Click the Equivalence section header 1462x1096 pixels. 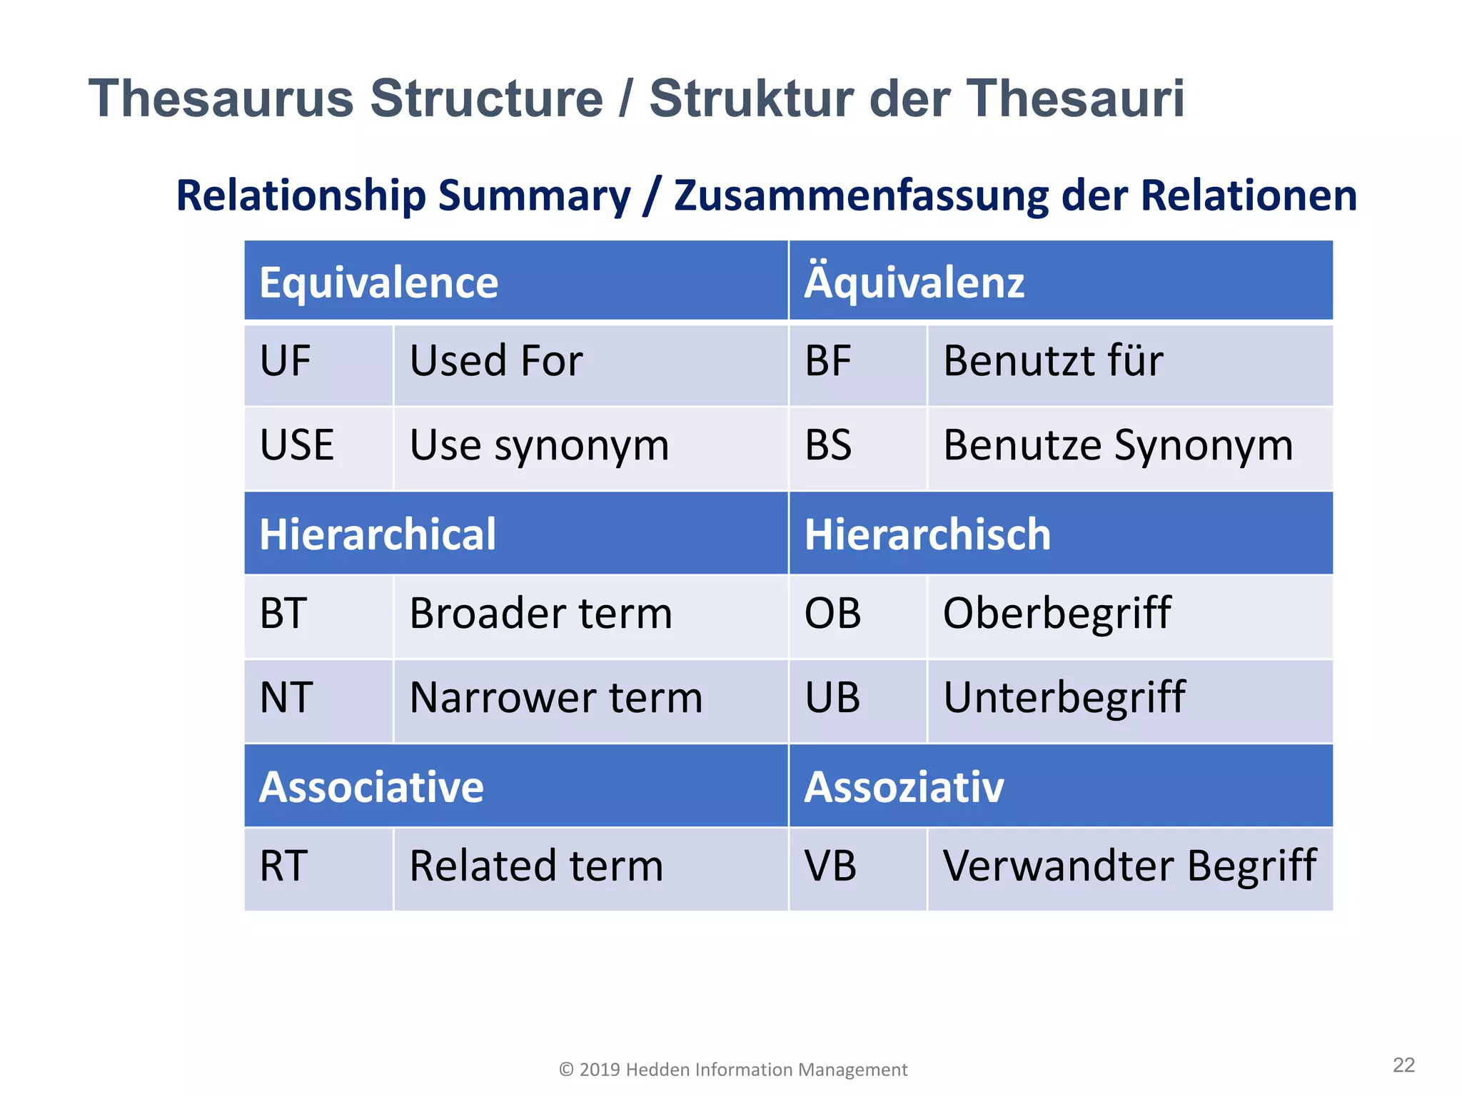coord(515,281)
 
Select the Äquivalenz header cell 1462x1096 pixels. coord(1060,281)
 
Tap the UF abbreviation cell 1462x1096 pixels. coord(318,363)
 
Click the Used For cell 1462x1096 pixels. coord(590,363)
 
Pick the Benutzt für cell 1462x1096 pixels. coord(1129,363)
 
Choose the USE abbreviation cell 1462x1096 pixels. coord(318,447)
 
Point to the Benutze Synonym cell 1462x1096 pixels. coord(1129,447)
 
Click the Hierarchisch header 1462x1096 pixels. coord(1060,534)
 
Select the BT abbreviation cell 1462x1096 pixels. coord(318,615)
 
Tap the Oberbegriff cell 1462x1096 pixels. coord(1129,615)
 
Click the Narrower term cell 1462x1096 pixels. coord(590,699)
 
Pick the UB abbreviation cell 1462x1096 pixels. coord(857,699)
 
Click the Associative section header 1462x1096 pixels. coord(515,786)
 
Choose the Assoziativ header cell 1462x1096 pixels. coord(1060,786)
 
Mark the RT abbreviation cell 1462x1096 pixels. coord(318,868)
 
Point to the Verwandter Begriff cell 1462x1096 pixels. coord(1129,868)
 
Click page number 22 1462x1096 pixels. coord(1403,1065)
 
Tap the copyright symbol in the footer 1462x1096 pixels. coord(566,1070)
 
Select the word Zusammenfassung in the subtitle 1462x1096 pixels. coord(861,196)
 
